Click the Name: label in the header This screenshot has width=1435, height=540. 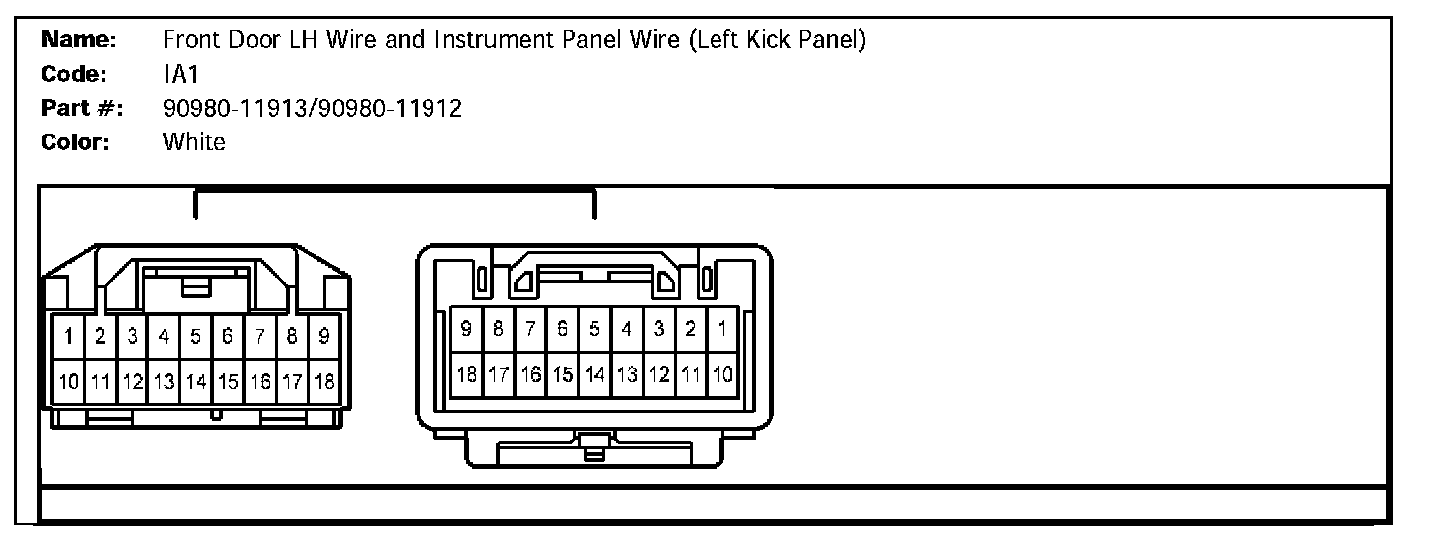point(80,41)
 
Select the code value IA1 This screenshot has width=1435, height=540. point(181,75)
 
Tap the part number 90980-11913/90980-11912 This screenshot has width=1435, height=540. point(312,109)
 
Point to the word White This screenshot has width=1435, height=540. point(194,142)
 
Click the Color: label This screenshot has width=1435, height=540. point(75,142)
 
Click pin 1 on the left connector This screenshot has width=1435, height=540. point(68,337)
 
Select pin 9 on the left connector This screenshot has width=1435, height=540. point(324,337)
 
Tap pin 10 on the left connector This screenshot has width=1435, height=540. point(68,380)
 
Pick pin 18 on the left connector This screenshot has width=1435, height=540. point(324,380)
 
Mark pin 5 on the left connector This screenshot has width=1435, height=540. point(196,337)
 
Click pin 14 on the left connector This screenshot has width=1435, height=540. point(196,380)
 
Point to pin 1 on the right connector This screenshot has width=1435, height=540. point(722,328)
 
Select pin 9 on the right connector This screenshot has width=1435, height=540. point(466,328)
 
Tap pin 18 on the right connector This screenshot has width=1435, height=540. point(466,375)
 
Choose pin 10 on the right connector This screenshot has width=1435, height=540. point(722,375)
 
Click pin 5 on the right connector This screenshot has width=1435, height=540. point(595,328)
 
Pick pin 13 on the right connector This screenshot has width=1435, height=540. point(627,375)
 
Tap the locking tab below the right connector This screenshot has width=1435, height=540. point(594,447)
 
